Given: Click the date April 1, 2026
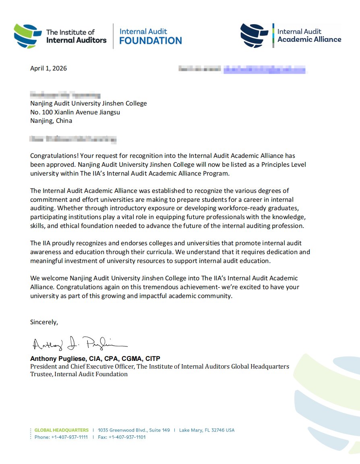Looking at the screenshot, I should [x=48, y=68].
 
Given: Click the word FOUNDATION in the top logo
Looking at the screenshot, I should [x=151, y=41].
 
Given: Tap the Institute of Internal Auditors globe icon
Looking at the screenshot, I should [x=28, y=35].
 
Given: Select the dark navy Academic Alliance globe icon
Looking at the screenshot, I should [x=254, y=35].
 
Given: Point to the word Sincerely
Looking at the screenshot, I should [x=44, y=322].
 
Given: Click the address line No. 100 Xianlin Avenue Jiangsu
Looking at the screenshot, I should [x=75, y=112].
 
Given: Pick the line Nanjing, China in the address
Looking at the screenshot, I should [x=51, y=120].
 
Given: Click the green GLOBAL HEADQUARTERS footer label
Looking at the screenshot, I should [x=62, y=430].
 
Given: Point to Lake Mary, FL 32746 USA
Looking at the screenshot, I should [x=207, y=430].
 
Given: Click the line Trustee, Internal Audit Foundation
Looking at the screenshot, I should [x=79, y=374].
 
